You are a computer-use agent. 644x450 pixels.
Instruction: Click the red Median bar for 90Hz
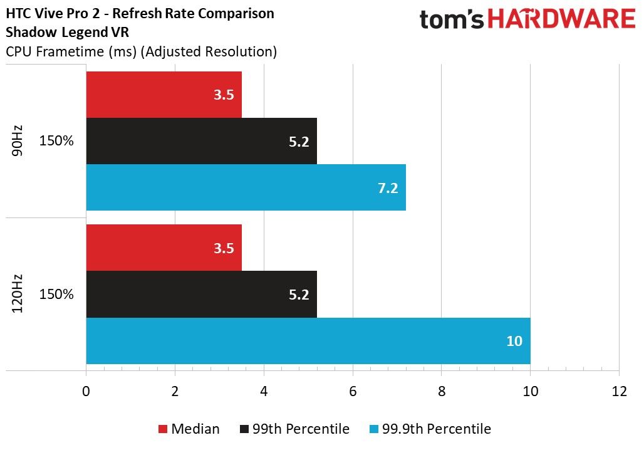point(164,95)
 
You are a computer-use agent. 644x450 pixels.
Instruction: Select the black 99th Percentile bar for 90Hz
point(202,141)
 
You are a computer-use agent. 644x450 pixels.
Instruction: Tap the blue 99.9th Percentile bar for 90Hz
point(246,187)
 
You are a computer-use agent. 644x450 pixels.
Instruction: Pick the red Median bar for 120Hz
point(164,248)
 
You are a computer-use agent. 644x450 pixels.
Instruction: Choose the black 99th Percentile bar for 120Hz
point(202,294)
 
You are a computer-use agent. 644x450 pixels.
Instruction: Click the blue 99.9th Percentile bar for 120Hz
point(308,341)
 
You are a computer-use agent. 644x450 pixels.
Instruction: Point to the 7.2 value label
point(388,188)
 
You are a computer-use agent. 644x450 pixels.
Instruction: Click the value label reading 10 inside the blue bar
point(514,341)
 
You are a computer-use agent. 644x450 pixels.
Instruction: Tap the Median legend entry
point(189,429)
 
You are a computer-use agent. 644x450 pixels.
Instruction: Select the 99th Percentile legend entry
point(294,429)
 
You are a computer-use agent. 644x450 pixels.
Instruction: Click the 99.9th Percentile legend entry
point(430,429)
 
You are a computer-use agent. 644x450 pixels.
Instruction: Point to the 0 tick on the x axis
point(86,391)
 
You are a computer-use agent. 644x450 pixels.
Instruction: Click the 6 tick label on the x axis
point(353,391)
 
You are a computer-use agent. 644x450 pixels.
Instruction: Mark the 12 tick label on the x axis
point(619,391)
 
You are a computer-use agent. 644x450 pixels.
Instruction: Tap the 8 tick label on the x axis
point(442,391)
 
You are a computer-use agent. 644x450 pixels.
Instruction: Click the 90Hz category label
point(18,141)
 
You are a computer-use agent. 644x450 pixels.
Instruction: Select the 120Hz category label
point(18,294)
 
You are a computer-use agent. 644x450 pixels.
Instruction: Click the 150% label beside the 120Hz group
point(56,294)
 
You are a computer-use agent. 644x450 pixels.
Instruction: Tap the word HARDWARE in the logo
point(561,19)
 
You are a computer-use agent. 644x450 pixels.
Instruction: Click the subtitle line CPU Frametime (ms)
point(71,52)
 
